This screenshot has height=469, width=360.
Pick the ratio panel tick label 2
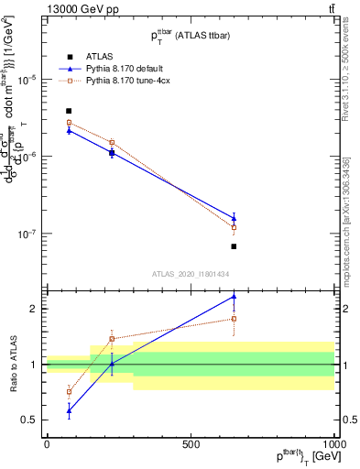click(33, 309)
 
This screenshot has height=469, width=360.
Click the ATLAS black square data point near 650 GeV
click(234, 246)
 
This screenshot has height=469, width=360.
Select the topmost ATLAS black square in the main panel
click(69, 111)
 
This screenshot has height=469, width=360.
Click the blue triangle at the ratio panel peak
click(234, 296)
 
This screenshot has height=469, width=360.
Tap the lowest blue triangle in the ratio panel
click(69, 410)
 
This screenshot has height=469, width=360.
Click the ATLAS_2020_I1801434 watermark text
click(190, 273)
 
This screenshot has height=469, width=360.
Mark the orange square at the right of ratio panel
click(234, 319)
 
